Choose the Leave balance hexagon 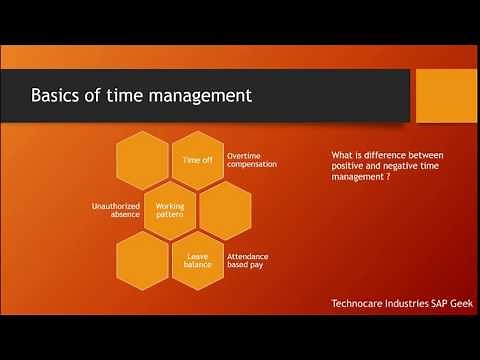pyautogui.click(x=197, y=261)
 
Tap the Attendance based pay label pyautogui.click(x=249, y=261)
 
